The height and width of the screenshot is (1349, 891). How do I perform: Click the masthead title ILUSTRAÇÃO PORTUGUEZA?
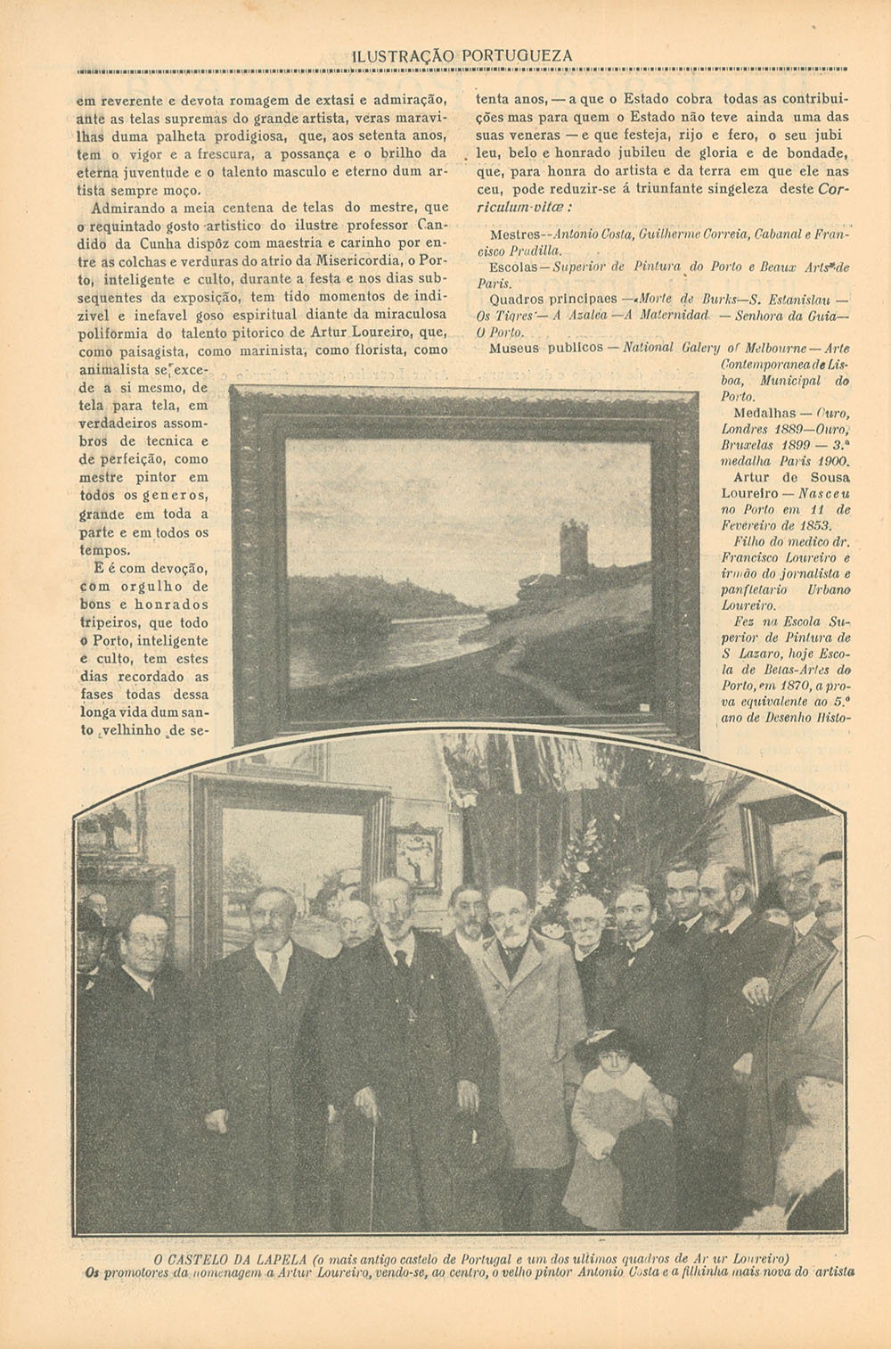coord(462,56)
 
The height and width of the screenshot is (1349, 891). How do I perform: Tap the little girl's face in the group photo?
coord(606,1070)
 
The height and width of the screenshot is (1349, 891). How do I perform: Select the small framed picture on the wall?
coord(413,856)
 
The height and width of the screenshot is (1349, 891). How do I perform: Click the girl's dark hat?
coord(601,1043)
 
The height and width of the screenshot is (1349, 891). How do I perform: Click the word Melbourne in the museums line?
coord(764,348)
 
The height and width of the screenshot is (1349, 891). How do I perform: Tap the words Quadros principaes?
coord(552,299)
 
